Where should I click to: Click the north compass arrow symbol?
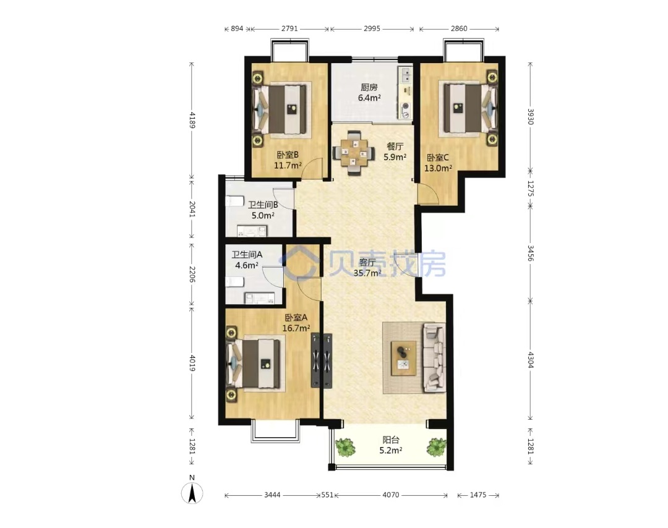(192, 494)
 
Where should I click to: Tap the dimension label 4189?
(192, 120)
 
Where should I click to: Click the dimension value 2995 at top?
(372, 28)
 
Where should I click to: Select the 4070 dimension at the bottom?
(391, 495)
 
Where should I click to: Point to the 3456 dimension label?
(531, 253)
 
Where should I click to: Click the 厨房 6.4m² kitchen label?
(369, 92)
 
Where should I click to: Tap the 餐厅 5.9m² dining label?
(395, 151)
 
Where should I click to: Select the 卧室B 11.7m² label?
(288, 160)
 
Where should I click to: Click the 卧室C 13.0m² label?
(438, 163)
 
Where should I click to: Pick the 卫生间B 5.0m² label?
(263, 210)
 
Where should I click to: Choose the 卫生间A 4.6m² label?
(247, 260)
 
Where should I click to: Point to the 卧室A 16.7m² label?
(296, 323)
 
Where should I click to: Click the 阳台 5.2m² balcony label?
(391, 445)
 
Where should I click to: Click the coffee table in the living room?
(404, 358)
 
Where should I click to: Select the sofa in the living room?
(435, 358)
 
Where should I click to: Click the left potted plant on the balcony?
(346, 447)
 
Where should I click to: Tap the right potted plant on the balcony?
(437, 447)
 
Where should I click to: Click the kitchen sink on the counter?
(405, 75)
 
